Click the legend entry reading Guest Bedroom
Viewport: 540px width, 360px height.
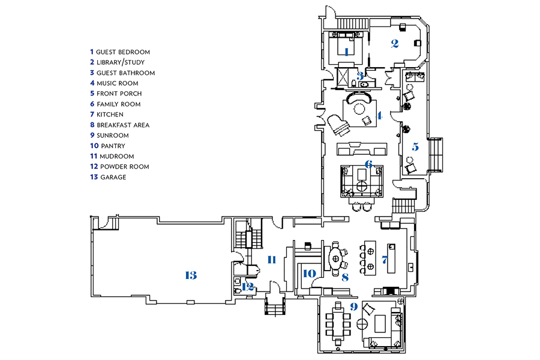(120, 52)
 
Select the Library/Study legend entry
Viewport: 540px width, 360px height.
(117, 62)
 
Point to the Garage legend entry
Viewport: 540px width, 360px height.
(108, 177)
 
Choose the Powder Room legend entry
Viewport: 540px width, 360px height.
(119, 167)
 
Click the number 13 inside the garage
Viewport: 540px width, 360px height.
(191, 275)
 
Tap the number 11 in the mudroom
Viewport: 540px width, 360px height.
(272, 260)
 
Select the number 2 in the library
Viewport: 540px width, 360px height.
(395, 44)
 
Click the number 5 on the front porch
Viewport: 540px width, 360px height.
(415, 147)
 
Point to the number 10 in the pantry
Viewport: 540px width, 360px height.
(309, 274)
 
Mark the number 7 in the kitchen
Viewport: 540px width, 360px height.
(385, 260)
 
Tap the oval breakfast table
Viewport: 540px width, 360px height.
(336, 258)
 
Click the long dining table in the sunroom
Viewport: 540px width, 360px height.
(338, 324)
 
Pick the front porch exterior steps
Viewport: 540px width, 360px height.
(436, 155)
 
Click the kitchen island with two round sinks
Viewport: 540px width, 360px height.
(370, 257)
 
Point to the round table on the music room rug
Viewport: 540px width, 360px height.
(359, 109)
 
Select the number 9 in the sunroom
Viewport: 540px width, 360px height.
(353, 307)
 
